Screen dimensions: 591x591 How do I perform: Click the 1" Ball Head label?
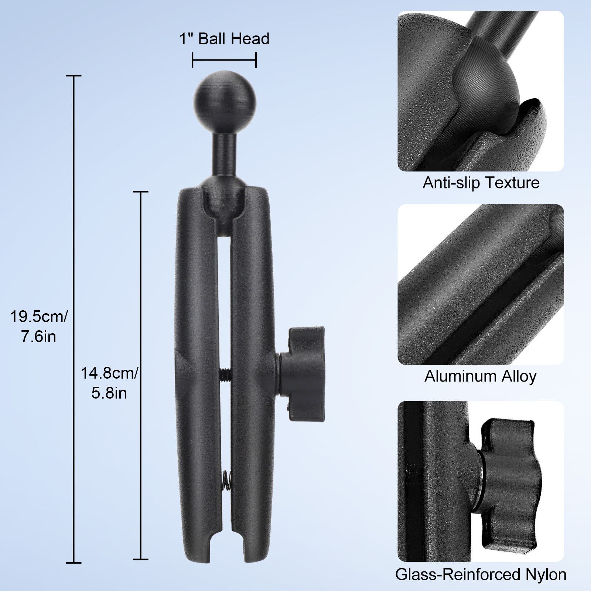click(x=224, y=39)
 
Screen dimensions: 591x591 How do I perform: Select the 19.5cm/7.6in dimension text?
click(x=38, y=327)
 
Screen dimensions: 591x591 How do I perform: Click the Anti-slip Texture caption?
click(x=481, y=183)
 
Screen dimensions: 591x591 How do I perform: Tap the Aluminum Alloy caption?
click(x=480, y=376)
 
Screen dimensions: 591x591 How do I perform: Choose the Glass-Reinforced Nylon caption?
click(x=481, y=574)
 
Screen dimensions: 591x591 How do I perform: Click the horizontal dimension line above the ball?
click(x=224, y=60)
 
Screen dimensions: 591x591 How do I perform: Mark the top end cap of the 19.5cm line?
click(x=74, y=76)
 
